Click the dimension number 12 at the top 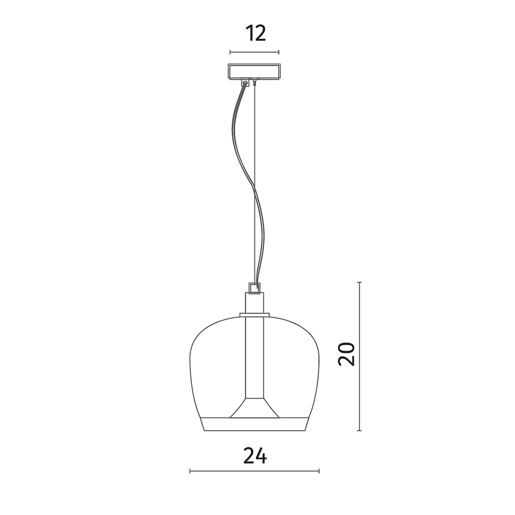point(255,33)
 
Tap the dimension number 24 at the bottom point(255,456)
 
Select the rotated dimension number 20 point(347,354)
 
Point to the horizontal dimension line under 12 point(254,52)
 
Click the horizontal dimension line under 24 point(254,471)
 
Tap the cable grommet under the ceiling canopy point(245,82)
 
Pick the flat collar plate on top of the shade point(254,315)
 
